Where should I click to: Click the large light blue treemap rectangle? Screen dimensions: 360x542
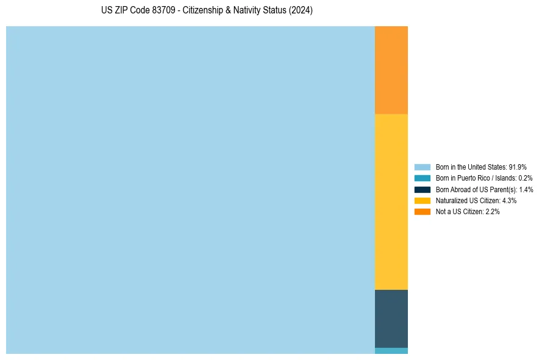coord(190,190)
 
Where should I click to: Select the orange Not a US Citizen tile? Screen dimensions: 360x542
coord(391,70)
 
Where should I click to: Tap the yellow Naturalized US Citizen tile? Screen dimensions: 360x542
coord(391,201)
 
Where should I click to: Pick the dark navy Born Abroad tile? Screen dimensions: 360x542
coord(391,319)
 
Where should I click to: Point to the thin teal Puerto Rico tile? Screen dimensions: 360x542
coord(391,351)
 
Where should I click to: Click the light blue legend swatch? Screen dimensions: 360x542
coord(422,167)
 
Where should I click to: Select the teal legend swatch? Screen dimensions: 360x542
coord(422,178)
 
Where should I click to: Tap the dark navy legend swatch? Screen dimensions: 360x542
coord(422,189)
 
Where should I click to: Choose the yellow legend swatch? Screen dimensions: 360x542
coord(422,200)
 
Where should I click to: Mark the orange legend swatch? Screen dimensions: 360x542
coord(422,212)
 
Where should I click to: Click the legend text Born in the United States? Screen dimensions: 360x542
coord(470,167)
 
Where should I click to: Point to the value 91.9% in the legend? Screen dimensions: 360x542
coord(518,167)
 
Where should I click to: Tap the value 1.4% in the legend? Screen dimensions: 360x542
coord(526,189)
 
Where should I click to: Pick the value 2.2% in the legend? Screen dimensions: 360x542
coord(493,212)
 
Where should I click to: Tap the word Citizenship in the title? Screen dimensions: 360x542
coord(203,11)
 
